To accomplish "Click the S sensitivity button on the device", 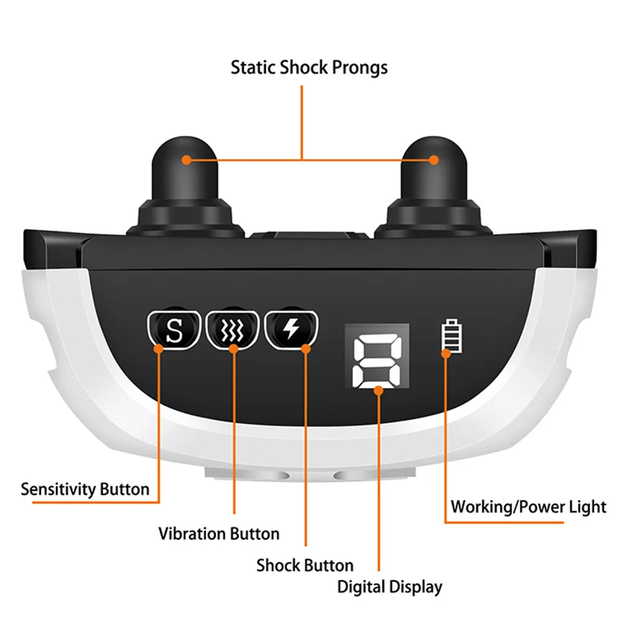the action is coord(175,329).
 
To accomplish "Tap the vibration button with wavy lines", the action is coord(232,329).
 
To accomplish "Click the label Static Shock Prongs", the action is coord(309,67).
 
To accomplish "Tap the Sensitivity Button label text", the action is coord(85,489).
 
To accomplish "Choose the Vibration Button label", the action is coord(219,533).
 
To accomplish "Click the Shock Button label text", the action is coord(305,565).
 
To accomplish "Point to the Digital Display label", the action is coord(390,586).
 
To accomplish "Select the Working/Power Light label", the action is coord(528,507).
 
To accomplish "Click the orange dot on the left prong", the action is coord(186,160).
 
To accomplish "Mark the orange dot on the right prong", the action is coord(434,160).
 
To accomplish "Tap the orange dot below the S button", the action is coord(159,349).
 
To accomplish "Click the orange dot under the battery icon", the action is coord(446,353).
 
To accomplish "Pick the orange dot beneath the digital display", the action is coord(378,389).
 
